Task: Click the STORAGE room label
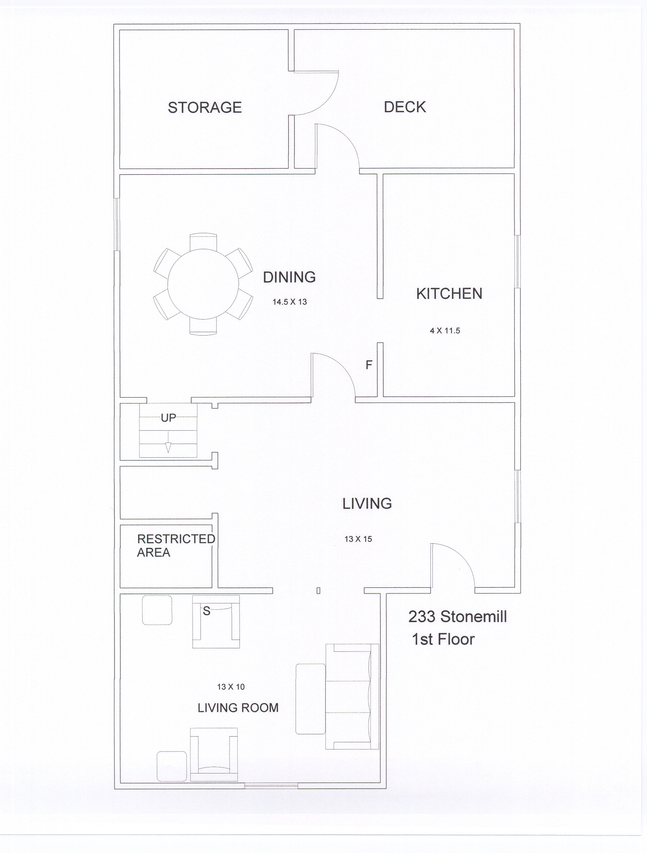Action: tap(204, 107)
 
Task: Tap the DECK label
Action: tap(405, 107)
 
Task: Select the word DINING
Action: tap(289, 277)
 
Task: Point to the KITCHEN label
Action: tap(449, 293)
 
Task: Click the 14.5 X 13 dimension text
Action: tap(290, 302)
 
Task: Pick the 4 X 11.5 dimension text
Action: tap(445, 331)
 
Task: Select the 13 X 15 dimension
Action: tap(358, 539)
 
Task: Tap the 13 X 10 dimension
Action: tap(231, 687)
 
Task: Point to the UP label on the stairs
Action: tap(168, 418)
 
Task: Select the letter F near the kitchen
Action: tap(369, 365)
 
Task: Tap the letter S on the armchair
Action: tap(206, 611)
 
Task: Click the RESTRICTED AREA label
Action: tap(176, 546)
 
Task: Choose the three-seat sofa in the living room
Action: tap(352, 696)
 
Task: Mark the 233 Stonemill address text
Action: tap(457, 617)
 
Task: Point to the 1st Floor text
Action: tap(443, 639)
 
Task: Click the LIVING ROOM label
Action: tap(238, 708)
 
